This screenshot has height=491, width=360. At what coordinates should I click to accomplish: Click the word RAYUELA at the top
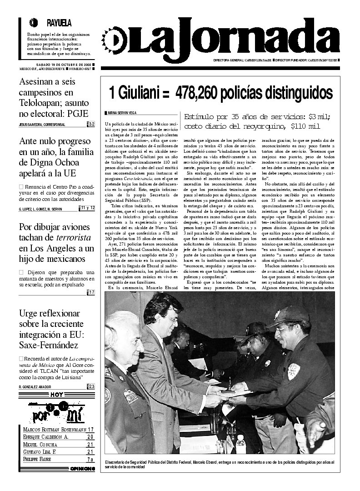click(x=59, y=23)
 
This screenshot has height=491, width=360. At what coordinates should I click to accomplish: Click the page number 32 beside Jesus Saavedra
click(x=91, y=124)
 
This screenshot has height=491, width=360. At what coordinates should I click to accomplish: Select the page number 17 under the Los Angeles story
click(x=91, y=292)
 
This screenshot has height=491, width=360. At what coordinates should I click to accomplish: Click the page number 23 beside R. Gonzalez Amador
click(x=91, y=386)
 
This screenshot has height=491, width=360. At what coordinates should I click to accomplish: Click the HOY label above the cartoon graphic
click(x=57, y=395)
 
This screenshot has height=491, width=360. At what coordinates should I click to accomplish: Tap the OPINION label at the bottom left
click(x=82, y=468)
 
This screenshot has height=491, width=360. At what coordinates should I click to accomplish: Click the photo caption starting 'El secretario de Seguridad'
click(x=218, y=464)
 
